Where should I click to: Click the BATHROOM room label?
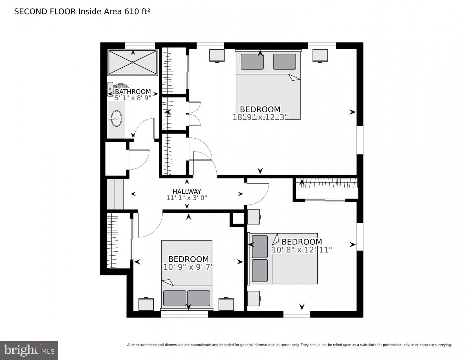coord(133,91)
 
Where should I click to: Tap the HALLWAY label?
coord(187,192)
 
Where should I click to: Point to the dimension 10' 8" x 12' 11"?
coord(302,249)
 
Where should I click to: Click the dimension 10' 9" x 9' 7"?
coord(188,267)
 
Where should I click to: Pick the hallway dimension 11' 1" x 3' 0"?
coord(187,198)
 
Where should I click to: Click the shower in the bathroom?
coord(133,63)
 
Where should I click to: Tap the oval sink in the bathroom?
coord(116,118)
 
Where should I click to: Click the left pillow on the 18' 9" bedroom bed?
coord(252,62)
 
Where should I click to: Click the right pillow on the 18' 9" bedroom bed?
coord(284,62)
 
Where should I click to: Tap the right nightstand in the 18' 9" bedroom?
coord(320,55)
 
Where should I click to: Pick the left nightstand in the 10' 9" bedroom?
coord(146,304)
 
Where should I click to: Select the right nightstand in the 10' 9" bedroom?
coord(226,304)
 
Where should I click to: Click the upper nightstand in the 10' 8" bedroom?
coord(254,217)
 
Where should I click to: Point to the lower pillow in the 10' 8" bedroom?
coord(260,270)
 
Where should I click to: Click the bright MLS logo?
coord(29,350)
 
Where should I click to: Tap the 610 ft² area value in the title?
coord(137,12)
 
